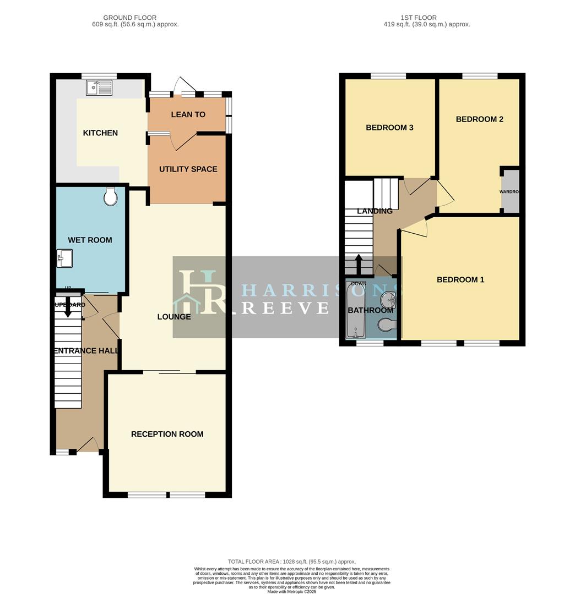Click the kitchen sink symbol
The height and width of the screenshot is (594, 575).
tap(99, 87)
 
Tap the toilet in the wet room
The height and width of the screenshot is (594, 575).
tap(111, 197)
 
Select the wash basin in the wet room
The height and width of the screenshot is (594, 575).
tap(64, 258)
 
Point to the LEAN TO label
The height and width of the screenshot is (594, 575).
tap(188, 114)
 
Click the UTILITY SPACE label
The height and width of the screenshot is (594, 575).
tap(188, 169)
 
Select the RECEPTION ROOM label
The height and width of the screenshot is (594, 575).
tap(167, 434)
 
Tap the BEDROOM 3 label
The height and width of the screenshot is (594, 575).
tap(389, 128)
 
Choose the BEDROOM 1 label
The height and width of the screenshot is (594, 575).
tap(460, 279)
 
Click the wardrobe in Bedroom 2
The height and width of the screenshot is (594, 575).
tap(510, 191)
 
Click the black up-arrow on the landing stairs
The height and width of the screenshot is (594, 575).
tap(359, 263)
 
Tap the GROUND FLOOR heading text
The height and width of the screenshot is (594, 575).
tap(130, 18)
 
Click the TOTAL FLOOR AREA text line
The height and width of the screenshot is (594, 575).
tap(291, 561)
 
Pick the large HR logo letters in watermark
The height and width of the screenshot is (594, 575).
tap(200, 293)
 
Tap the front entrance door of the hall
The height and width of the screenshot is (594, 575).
tap(88, 444)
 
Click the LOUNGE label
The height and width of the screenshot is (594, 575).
tap(174, 317)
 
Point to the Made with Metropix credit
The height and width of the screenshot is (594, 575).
tap(291, 591)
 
